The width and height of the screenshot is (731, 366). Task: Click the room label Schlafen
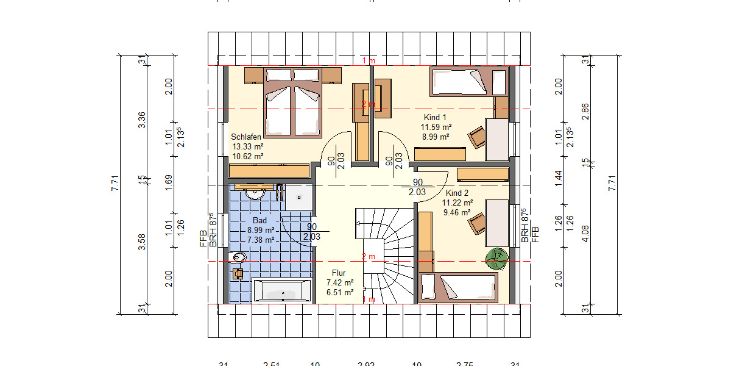click(246, 137)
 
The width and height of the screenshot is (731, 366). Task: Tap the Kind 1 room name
click(435, 117)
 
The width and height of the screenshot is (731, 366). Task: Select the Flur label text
click(339, 273)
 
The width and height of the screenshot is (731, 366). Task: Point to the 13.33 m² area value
click(247, 147)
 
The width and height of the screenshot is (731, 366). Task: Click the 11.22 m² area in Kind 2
click(458, 203)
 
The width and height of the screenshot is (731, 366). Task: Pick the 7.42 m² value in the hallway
click(340, 282)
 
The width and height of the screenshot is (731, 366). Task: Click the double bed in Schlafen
click(292, 101)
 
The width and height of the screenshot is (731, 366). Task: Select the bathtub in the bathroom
click(283, 291)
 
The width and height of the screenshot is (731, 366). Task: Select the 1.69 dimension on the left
click(169, 179)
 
